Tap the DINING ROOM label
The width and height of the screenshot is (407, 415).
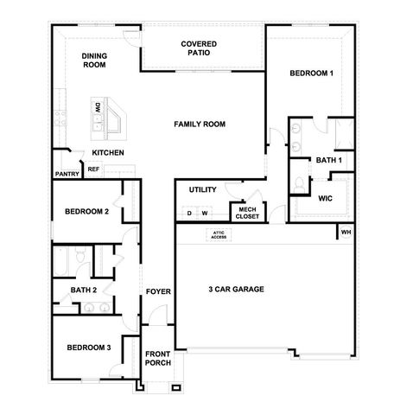click(x=94, y=61)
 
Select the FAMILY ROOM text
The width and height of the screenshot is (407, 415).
click(x=200, y=124)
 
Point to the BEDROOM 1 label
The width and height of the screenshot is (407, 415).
click(x=311, y=73)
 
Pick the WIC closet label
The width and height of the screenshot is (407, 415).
click(x=326, y=198)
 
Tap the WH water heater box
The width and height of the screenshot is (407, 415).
click(x=346, y=232)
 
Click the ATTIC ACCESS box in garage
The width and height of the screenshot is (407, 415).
click(x=219, y=234)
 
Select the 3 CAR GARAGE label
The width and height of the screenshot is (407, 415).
click(x=236, y=289)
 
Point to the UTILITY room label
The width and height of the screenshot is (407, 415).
click(x=190, y=189)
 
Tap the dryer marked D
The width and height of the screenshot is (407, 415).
click(x=189, y=213)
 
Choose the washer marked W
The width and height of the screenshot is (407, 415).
click(x=205, y=213)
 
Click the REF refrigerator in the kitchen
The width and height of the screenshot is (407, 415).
click(x=93, y=169)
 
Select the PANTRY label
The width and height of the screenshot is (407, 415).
click(x=67, y=174)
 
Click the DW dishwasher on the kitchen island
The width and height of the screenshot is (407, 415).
click(x=99, y=109)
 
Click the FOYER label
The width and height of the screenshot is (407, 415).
click(x=157, y=291)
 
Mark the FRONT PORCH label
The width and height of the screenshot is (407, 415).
click(x=157, y=360)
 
